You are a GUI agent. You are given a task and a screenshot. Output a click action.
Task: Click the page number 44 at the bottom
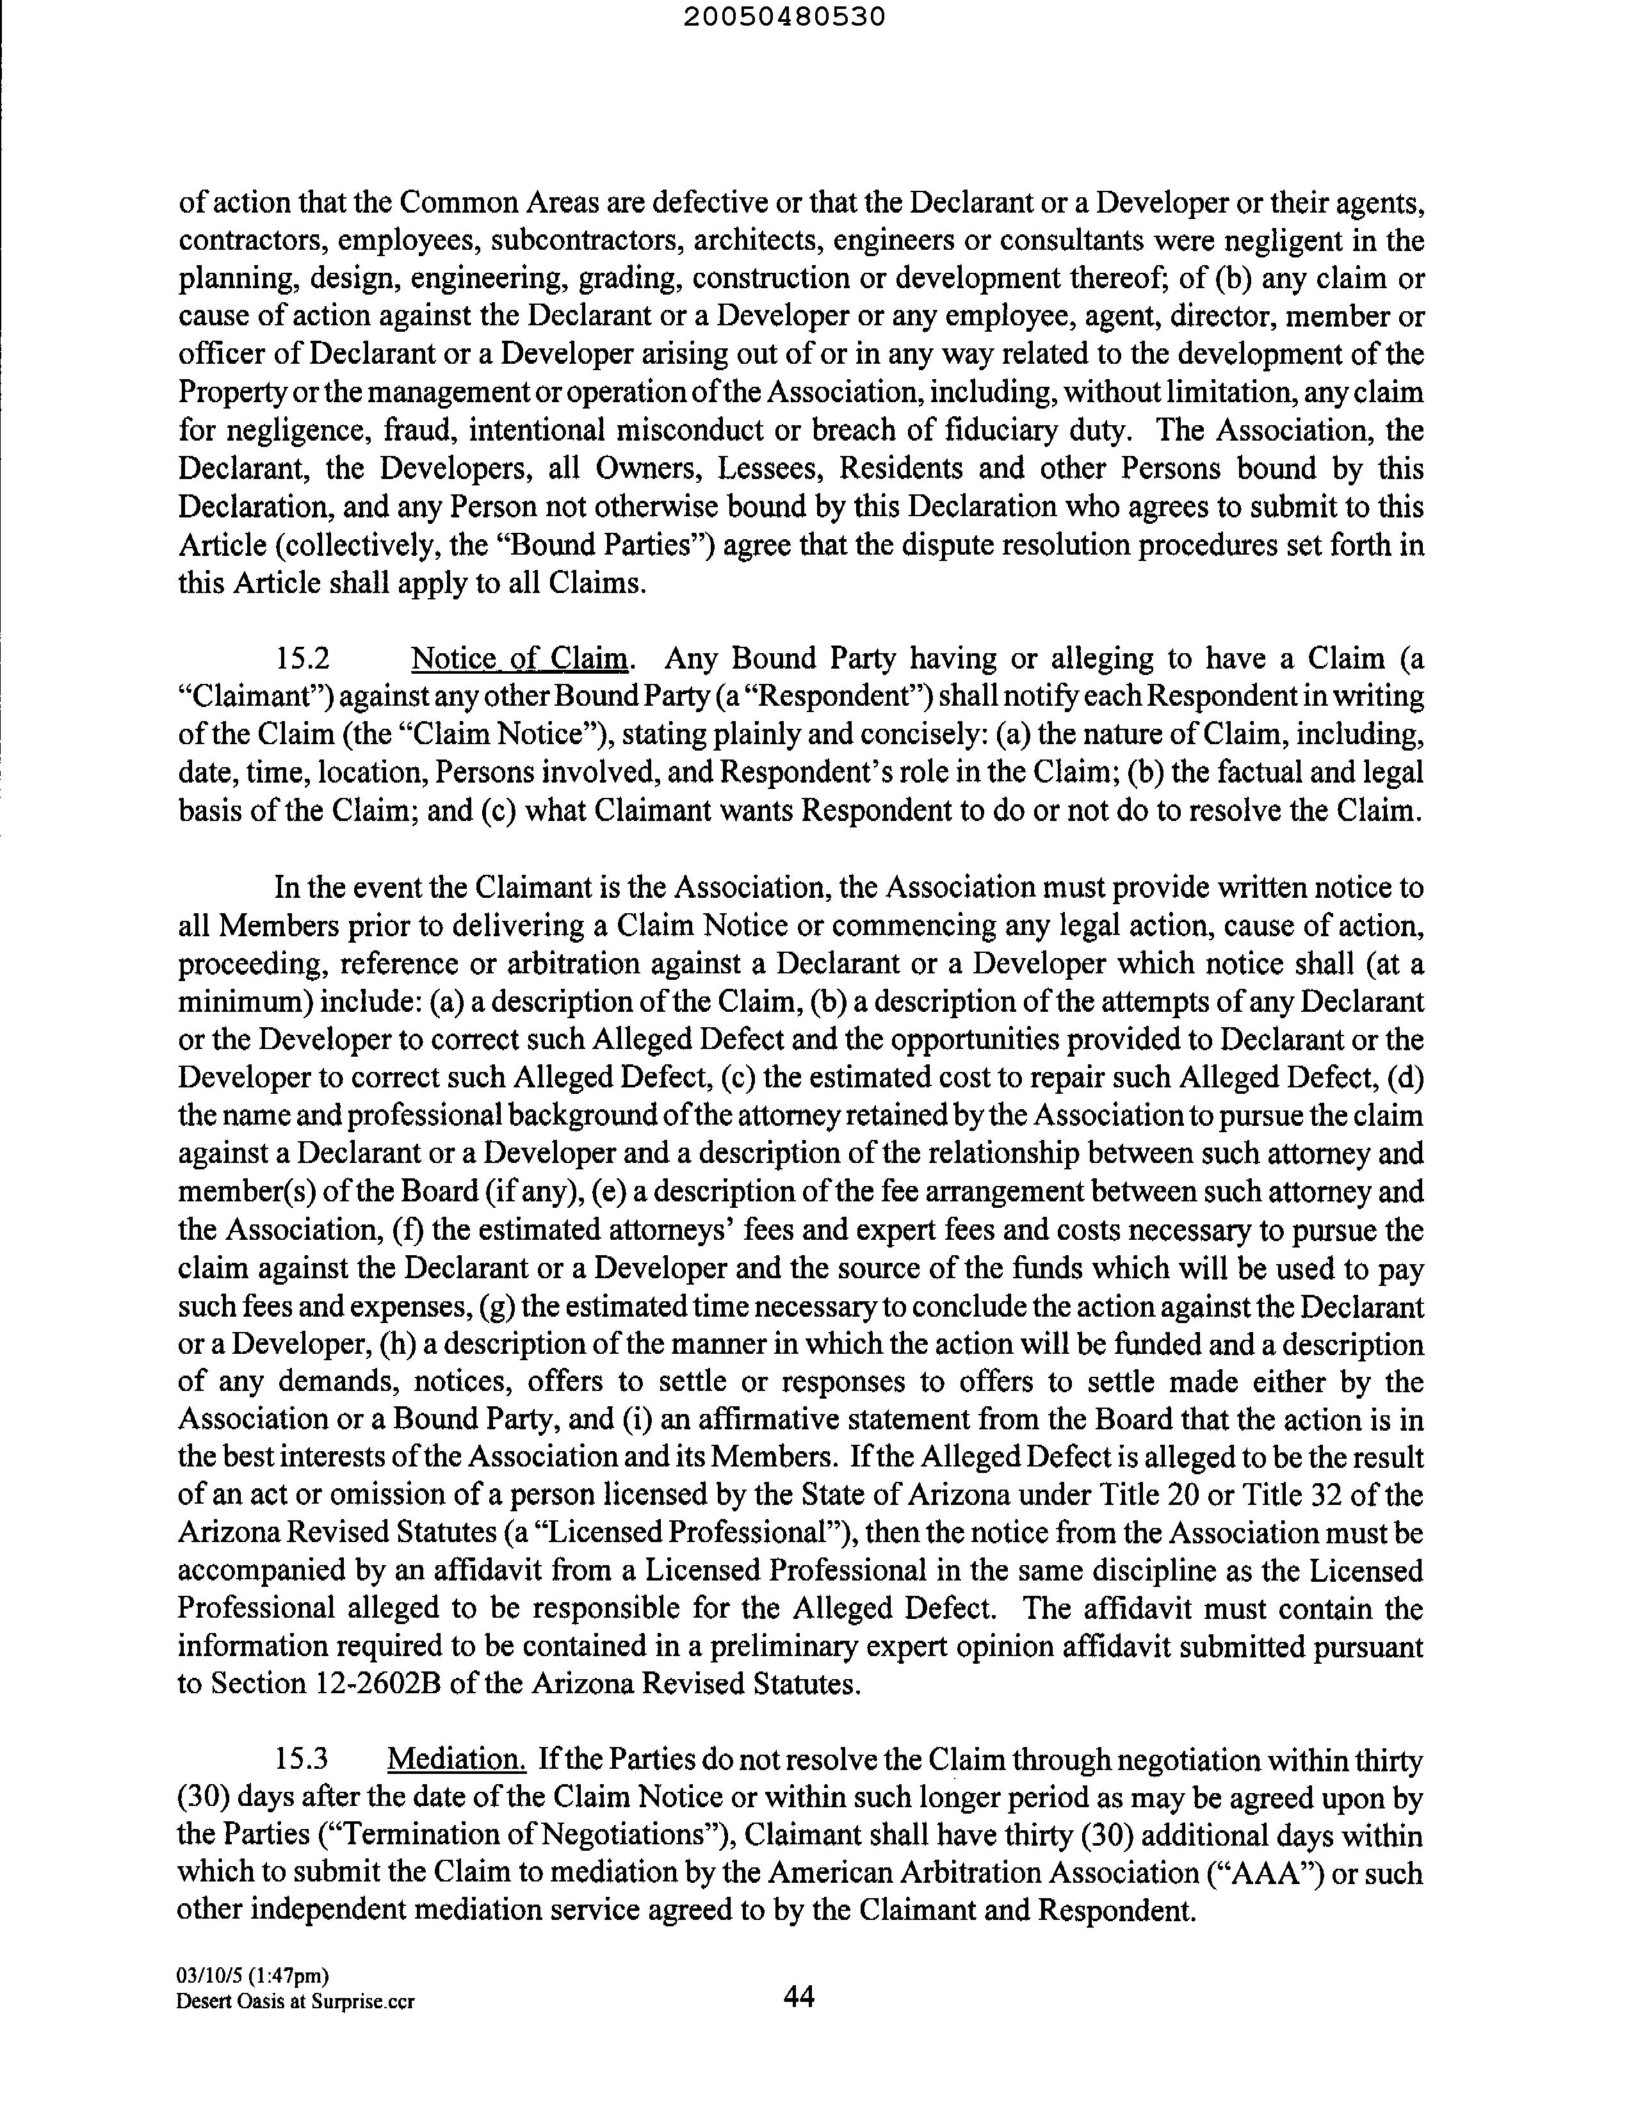[799, 1996]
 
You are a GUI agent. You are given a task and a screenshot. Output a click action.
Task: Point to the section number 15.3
[302, 1759]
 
